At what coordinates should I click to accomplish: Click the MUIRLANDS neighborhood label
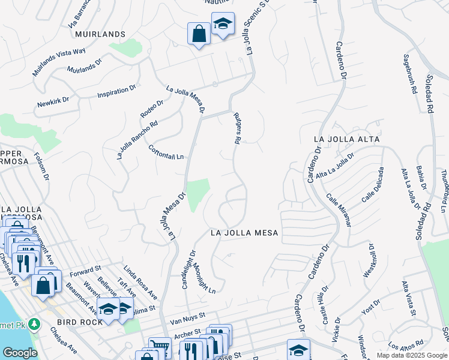pyautogui.click(x=100, y=34)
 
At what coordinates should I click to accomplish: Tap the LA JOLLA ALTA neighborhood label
pyautogui.click(x=346, y=139)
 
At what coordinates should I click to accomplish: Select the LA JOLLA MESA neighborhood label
pyautogui.click(x=244, y=233)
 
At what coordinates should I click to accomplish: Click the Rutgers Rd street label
pyautogui.click(x=237, y=128)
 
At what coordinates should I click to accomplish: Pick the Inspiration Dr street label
pyautogui.click(x=116, y=92)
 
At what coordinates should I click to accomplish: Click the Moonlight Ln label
pyautogui.click(x=204, y=279)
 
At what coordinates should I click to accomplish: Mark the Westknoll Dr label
pyautogui.click(x=368, y=259)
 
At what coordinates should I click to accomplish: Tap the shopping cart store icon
pyautogui.click(x=158, y=347)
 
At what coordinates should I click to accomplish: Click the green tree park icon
pyautogui.click(x=35, y=325)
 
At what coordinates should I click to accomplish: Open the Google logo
pyautogui.click(x=19, y=353)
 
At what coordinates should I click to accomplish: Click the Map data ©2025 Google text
pyautogui.click(x=411, y=355)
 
